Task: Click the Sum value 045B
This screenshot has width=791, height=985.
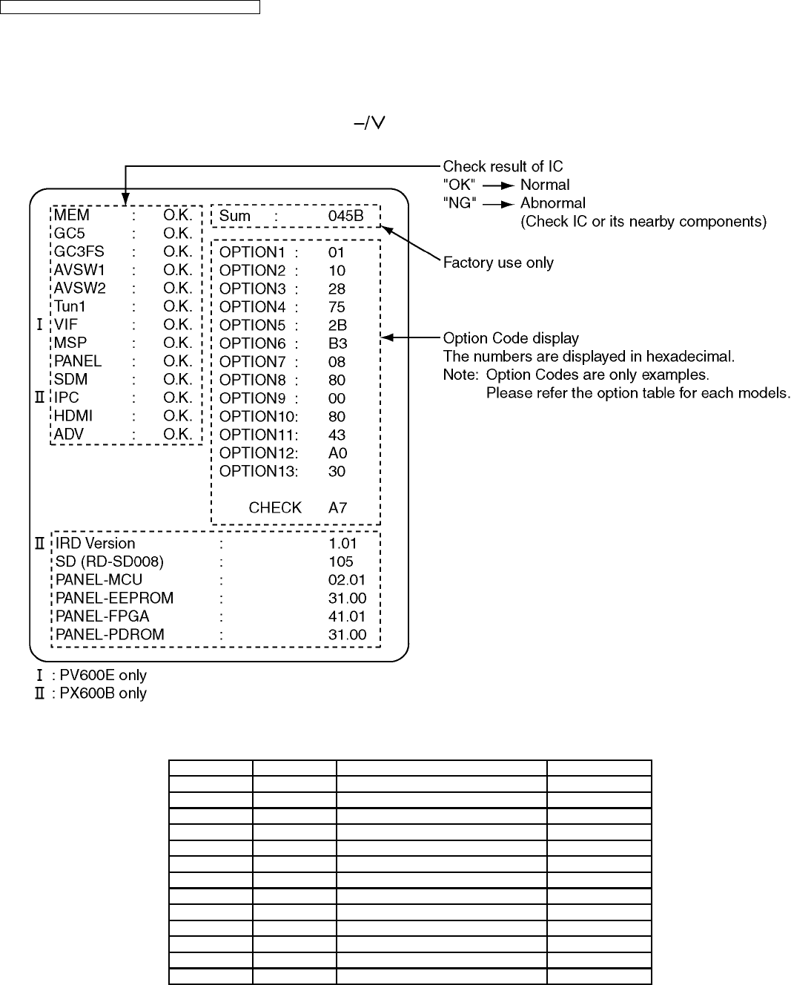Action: click(x=345, y=216)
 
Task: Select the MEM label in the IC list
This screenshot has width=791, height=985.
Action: click(x=71, y=215)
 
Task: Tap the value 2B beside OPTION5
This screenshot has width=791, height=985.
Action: click(x=337, y=325)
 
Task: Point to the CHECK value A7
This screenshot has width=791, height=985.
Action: click(x=337, y=508)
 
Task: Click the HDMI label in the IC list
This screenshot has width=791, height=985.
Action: click(x=73, y=416)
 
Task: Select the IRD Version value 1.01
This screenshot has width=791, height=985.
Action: click(x=342, y=544)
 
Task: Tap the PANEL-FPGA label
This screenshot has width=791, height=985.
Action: click(x=102, y=616)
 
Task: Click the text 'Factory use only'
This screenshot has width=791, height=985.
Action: click(x=498, y=263)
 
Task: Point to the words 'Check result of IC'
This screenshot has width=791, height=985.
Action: click(x=503, y=167)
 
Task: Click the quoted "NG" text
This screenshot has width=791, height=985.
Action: click(x=460, y=203)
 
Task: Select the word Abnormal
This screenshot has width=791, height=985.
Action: click(x=552, y=203)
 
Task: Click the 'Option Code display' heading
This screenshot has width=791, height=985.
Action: click(x=511, y=338)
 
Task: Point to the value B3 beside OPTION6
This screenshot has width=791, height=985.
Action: click(x=337, y=343)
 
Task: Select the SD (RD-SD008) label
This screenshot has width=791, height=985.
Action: click(x=110, y=562)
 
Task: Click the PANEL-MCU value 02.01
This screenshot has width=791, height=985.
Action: click(x=347, y=580)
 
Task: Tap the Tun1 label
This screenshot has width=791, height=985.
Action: click(x=71, y=306)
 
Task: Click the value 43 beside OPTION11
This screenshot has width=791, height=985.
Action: click(x=337, y=435)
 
